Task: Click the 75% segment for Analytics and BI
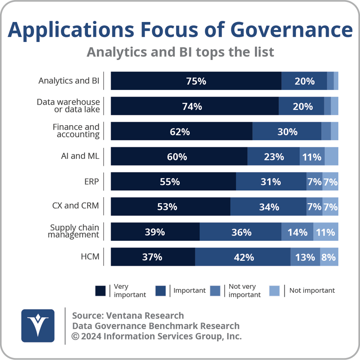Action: point(196,81)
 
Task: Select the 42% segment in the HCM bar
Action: point(243,257)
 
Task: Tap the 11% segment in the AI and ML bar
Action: point(312,156)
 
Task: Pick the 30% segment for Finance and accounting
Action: point(287,131)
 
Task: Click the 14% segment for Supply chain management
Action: point(297,232)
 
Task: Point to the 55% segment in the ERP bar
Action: point(173,182)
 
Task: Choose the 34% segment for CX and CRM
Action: point(268,207)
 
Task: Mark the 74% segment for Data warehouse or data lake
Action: point(194,106)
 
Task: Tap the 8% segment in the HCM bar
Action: point(329,257)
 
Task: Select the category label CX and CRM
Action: point(75,206)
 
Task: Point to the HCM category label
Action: point(90,256)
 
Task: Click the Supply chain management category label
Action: point(74,231)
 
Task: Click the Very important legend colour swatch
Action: point(101,291)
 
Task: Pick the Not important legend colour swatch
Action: point(274,291)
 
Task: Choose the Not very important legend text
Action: point(244,291)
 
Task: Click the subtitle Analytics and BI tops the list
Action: point(180,52)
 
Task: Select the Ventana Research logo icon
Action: point(38,326)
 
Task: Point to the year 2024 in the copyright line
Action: point(90,336)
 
